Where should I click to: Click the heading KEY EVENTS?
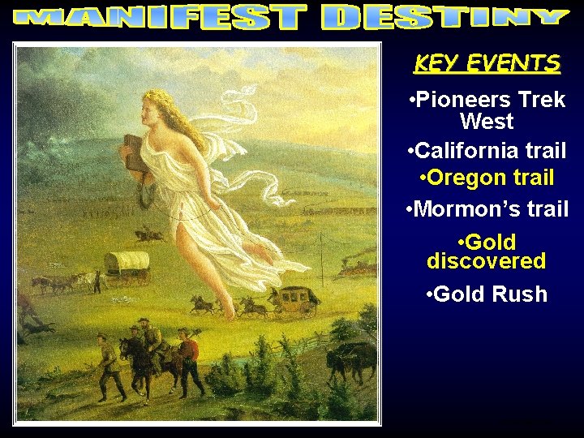[487, 63]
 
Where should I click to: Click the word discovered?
[486, 261]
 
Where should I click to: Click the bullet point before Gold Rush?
[428, 294]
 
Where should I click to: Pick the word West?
[487, 122]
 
